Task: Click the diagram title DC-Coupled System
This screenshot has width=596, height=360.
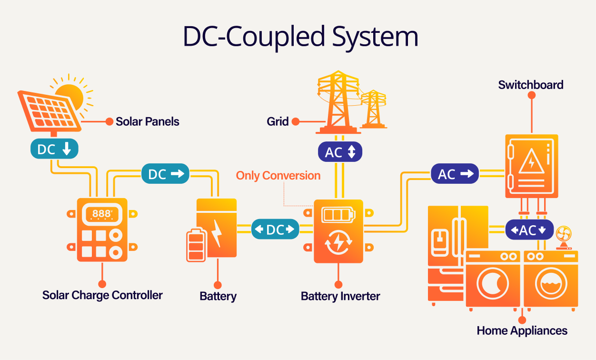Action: [300, 37]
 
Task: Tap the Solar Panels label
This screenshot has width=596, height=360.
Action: [148, 121]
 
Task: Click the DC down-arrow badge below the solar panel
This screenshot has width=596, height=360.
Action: [54, 149]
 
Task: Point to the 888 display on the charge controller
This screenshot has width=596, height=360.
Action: [101, 214]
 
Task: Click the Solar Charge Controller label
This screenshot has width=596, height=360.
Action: [102, 295]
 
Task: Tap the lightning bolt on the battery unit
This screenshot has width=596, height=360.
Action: [217, 232]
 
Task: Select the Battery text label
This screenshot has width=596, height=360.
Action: [218, 296]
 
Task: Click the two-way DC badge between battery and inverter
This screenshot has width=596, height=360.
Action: [275, 230]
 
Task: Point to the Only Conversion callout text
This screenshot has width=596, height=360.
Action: [278, 176]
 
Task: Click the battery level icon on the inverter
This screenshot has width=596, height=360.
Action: [338, 214]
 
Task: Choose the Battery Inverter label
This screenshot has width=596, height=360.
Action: [340, 296]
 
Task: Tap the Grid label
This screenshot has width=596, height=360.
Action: [278, 121]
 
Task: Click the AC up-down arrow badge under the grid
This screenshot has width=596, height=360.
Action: [340, 152]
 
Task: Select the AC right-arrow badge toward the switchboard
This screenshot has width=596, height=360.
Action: [455, 174]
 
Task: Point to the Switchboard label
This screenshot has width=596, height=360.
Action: [531, 85]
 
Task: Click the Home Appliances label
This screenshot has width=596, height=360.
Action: [522, 330]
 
